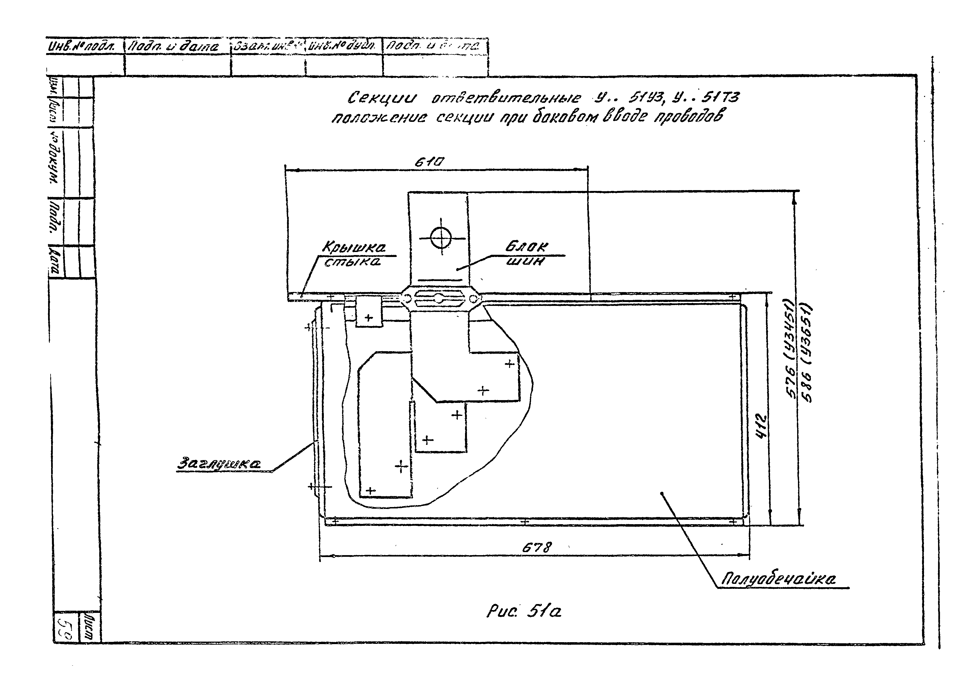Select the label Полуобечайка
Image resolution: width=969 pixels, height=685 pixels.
coord(778,579)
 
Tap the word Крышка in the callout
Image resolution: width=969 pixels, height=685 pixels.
coord(354,247)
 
